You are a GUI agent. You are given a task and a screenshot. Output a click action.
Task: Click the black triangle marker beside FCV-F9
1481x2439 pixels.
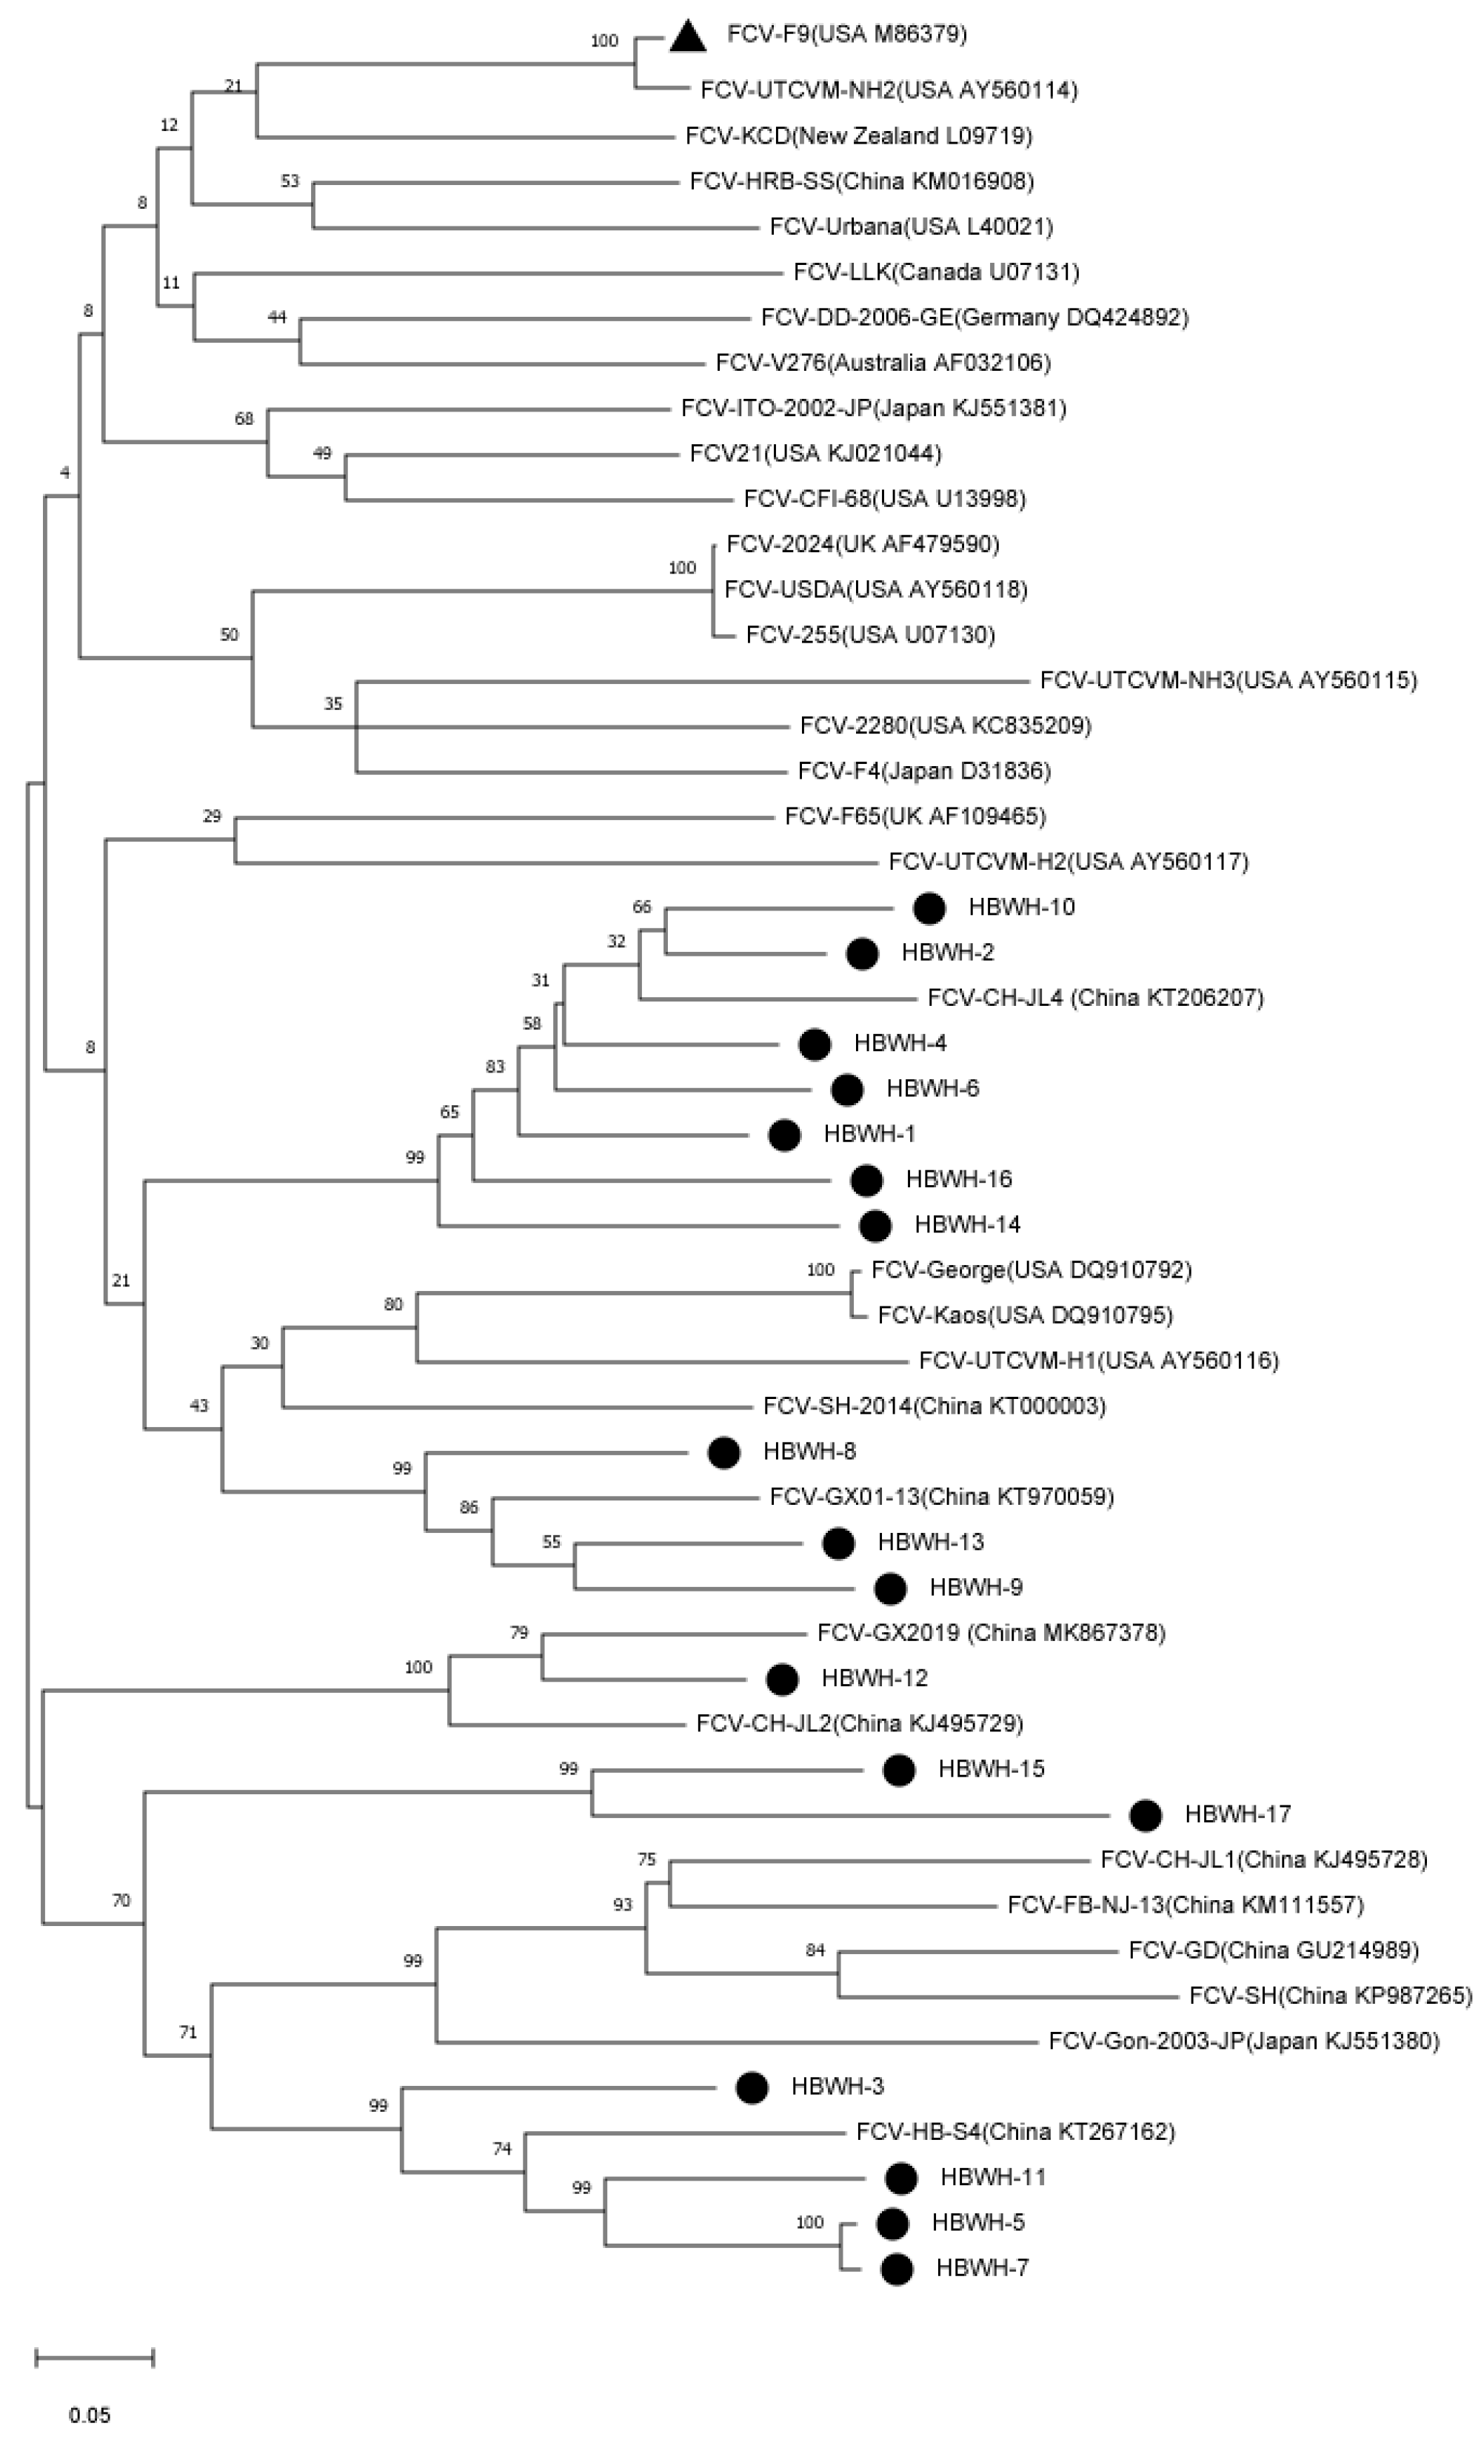tap(688, 36)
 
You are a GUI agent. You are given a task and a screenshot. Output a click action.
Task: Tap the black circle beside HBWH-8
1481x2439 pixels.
tap(723, 1452)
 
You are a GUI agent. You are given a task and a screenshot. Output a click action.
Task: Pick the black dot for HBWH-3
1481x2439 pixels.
tap(752, 2087)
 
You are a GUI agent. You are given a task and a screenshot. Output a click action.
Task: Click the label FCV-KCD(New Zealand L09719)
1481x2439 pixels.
tap(858, 135)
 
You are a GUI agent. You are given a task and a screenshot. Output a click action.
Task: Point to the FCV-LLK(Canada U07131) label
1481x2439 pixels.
tap(935, 271)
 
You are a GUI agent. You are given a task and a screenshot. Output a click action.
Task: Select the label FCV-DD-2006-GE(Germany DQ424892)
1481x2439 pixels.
tap(974, 317)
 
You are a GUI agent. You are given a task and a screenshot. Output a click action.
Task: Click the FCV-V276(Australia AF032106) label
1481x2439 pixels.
tap(883, 362)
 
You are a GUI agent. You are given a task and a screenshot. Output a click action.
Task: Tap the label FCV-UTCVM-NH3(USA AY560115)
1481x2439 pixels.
tap(1228, 680)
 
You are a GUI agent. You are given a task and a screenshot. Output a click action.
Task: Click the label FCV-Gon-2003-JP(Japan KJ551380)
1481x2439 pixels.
tap(1243, 2040)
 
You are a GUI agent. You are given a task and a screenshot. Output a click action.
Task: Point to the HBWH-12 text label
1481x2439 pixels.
tap(874, 1678)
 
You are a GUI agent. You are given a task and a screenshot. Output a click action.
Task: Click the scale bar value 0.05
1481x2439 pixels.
tap(90, 2415)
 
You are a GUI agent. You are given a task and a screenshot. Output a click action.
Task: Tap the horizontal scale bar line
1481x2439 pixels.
tap(95, 2357)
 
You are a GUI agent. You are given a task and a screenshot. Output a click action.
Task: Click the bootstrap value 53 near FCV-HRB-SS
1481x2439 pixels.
tap(289, 181)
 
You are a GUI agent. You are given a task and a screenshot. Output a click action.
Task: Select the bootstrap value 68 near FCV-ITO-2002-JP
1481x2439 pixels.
tap(244, 419)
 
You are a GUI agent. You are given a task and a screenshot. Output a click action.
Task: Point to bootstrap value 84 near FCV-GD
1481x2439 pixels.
tap(815, 1950)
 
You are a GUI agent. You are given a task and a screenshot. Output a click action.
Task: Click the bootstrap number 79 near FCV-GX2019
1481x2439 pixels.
tap(519, 1632)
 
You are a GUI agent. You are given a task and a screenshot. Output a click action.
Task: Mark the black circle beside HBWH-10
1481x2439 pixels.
tap(929, 908)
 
